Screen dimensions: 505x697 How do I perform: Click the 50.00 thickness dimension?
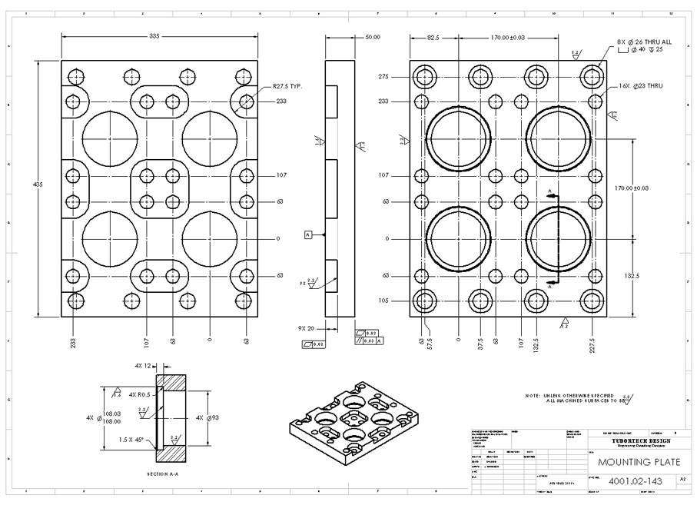[372, 36]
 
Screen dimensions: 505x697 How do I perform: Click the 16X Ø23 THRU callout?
[640, 85]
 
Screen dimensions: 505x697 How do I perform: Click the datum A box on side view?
[308, 234]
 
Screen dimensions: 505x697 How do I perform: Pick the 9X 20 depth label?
[307, 328]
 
